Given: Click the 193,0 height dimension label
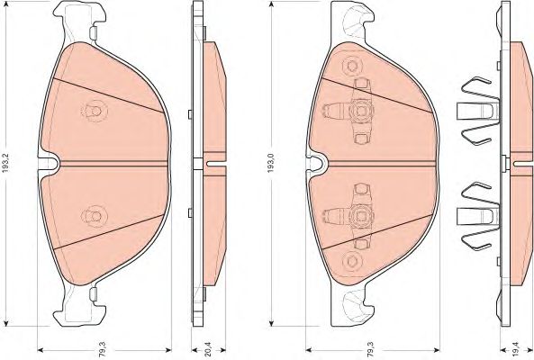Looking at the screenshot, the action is [x=271, y=162].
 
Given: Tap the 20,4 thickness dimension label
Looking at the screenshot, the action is [x=208, y=350].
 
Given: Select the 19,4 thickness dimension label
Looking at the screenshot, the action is [x=517, y=350].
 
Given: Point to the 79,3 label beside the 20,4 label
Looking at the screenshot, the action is [x=104, y=350].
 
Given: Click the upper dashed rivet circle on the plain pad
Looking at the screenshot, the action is [x=95, y=111].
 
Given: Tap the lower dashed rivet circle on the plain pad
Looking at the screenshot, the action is [x=95, y=215].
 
